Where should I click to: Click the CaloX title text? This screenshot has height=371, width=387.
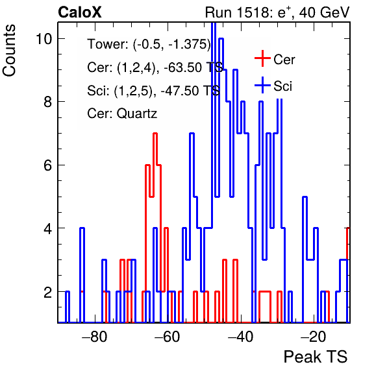click(x=80, y=12)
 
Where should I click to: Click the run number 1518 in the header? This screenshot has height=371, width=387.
click(x=251, y=12)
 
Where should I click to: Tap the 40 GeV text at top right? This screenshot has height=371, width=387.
click(x=324, y=12)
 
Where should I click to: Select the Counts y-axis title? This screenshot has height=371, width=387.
click(x=9, y=51)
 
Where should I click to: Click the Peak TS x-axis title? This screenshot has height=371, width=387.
click(x=316, y=357)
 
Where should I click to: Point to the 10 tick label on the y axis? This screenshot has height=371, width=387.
click(x=44, y=39)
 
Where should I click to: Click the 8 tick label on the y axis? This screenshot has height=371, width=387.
click(x=48, y=102)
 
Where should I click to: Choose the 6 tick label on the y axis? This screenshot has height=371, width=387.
click(x=48, y=165)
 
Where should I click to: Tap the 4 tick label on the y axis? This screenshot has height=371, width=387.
click(x=48, y=228)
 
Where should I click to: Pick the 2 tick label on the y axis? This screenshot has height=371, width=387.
click(x=48, y=292)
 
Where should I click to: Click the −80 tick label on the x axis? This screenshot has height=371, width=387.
click(x=95, y=336)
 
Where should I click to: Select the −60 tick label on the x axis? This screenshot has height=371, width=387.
click(x=168, y=336)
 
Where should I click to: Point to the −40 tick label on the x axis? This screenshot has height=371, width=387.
click(x=240, y=336)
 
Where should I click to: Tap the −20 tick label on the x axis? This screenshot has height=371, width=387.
click(x=313, y=336)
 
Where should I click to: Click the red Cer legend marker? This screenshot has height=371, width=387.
click(x=262, y=58)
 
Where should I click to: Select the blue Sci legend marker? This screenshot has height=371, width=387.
click(x=262, y=85)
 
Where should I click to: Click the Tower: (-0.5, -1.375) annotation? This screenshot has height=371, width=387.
click(x=149, y=45)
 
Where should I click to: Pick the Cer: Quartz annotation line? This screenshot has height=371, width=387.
click(x=122, y=114)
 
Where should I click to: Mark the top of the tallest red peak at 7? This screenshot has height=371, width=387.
click(x=155, y=134)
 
